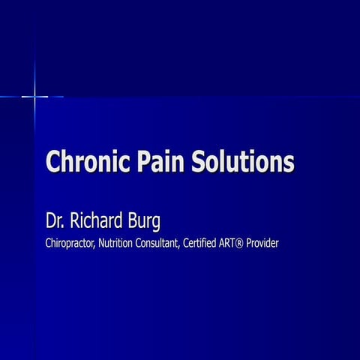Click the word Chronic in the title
pyautogui.click(x=88, y=161)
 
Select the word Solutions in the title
pyautogui.click(x=243, y=161)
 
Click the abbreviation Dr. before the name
pyautogui.click(x=55, y=220)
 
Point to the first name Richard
pyautogui.click(x=96, y=220)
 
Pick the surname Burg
pyautogui.click(x=144, y=221)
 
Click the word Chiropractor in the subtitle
pyautogui.click(x=70, y=243)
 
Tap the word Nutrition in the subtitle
pyautogui.click(x=115, y=243)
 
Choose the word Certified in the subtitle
pyautogui.click(x=199, y=243)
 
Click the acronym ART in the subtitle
pyautogui.click(x=226, y=243)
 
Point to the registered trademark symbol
pyautogui.click(x=239, y=244)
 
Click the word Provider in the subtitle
pyautogui.click(x=262, y=243)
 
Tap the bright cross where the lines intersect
pyautogui.click(x=34, y=97)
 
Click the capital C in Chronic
pyautogui.click(x=53, y=161)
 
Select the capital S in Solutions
pyautogui.click(x=199, y=161)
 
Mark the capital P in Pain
pyautogui.click(x=145, y=161)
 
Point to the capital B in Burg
pyautogui.click(x=133, y=220)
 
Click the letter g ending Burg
pyautogui.click(x=156, y=223)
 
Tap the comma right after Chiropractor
pyautogui.click(x=94, y=247)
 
